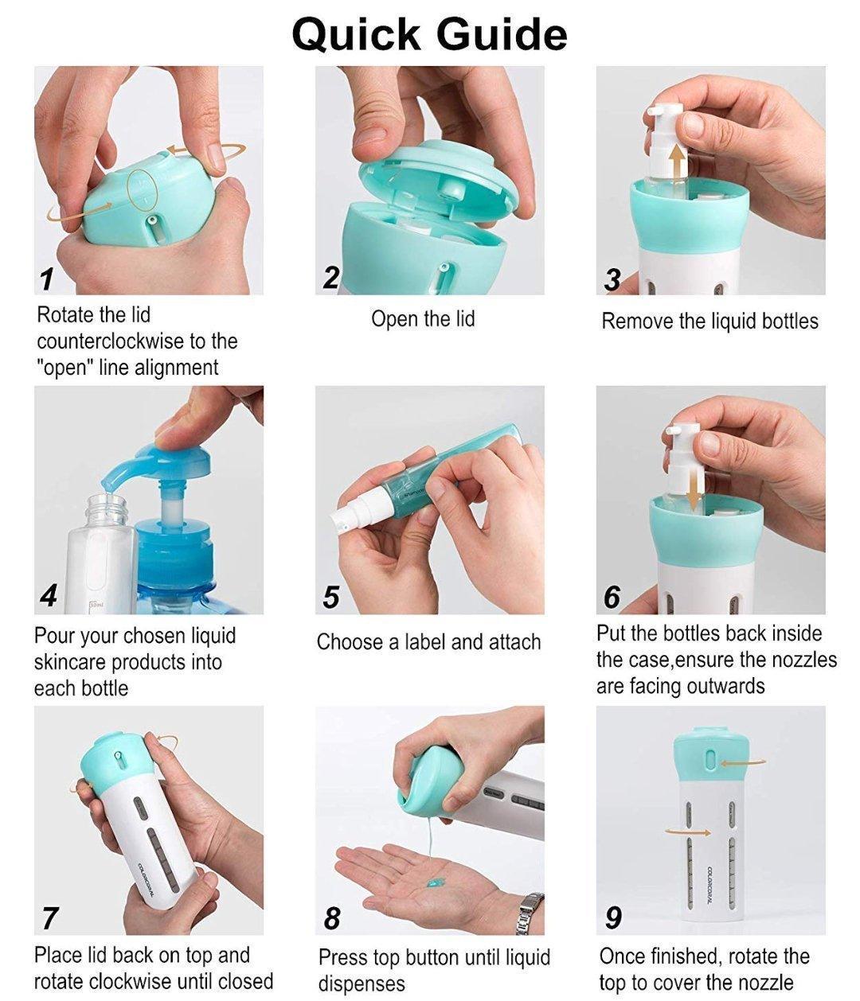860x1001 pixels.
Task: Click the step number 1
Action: coord(48,279)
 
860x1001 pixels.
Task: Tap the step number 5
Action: coord(330,597)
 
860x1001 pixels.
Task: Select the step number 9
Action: coord(613,917)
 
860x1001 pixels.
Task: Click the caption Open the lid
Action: coord(423,319)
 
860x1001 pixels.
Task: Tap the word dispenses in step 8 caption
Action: coord(362,984)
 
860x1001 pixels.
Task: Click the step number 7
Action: coord(49,918)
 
